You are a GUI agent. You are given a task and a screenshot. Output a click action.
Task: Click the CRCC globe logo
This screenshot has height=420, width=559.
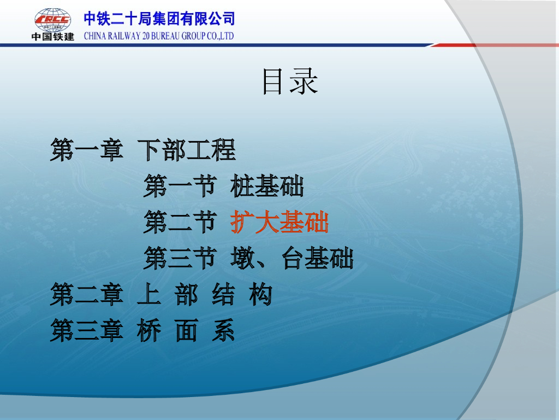pyautogui.click(x=53, y=20)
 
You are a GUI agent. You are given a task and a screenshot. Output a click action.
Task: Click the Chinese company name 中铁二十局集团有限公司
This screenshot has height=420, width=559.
pyautogui.click(x=159, y=19)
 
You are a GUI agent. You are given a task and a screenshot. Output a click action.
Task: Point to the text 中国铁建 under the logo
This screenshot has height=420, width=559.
pyautogui.click(x=53, y=37)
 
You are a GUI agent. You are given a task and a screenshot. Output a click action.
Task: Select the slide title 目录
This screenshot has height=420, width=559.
pyautogui.click(x=290, y=82)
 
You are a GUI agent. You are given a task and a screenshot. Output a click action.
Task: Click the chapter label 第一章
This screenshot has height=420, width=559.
pyautogui.click(x=87, y=150)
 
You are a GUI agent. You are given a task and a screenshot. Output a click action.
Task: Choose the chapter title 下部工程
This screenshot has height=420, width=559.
pyautogui.click(x=187, y=150)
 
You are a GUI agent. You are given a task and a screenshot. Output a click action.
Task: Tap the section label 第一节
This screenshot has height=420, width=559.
pyautogui.click(x=180, y=186)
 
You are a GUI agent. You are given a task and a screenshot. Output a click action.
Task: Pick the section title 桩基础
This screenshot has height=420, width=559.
pyautogui.click(x=267, y=186)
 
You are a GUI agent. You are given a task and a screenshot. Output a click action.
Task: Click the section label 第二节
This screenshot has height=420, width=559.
pyautogui.click(x=180, y=222)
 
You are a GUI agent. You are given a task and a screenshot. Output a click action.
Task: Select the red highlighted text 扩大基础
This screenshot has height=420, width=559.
pyautogui.click(x=279, y=222)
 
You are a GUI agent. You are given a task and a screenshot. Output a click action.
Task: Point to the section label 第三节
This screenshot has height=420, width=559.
pyautogui.click(x=180, y=258)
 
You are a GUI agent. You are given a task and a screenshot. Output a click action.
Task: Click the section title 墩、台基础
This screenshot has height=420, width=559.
pyautogui.click(x=292, y=258)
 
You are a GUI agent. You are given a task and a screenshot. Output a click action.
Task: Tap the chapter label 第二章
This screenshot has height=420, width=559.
pyautogui.click(x=87, y=294)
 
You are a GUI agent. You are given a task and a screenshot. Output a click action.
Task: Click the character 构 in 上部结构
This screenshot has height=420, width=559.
pyautogui.click(x=261, y=294)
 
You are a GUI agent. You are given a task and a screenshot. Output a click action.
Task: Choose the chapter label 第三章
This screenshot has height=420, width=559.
pyautogui.click(x=87, y=330)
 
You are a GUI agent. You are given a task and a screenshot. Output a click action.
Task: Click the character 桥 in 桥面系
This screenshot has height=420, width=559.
pyautogui.click(x=149, y=330)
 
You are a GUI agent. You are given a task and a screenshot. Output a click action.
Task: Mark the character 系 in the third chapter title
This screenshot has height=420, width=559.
pyautogui.click(x=223, y=330)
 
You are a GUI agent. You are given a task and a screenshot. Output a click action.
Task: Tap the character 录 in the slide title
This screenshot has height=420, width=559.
pyautogui.click(x=304, y=82)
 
